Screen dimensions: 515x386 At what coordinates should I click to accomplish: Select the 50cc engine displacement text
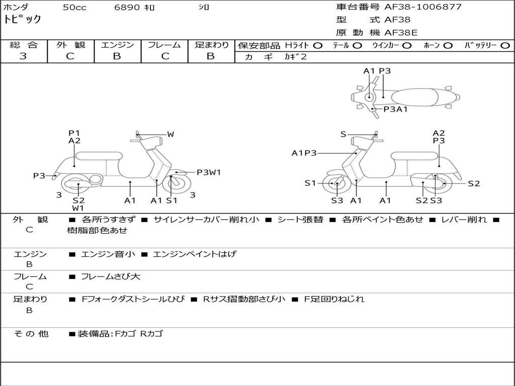[x=74, y=8]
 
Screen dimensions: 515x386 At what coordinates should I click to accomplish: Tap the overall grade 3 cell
[x=23, y=56]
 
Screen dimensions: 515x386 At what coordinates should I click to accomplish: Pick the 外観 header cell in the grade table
[x=70, y=45]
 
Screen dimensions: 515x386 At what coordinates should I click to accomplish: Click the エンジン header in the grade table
[x=117, y=45]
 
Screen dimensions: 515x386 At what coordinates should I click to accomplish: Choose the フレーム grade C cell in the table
[x=164, y=56]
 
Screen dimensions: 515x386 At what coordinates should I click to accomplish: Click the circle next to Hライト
[x=318, y=46]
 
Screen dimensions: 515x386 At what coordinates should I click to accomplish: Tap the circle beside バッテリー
[x=505, y=46]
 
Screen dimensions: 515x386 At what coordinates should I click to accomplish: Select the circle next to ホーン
[x=448, y=46]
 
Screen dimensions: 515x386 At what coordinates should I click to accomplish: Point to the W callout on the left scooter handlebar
[x=170, y=134]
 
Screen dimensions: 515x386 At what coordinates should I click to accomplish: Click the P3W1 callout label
[x=208, y=172]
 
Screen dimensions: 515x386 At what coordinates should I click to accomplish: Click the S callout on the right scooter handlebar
[x=343, y=134]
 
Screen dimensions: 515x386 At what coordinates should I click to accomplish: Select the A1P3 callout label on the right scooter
[x=304, y=153]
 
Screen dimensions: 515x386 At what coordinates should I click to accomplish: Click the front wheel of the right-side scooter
[x=335, y=184]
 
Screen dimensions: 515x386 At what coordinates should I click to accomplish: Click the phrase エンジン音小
[x=108, y=254]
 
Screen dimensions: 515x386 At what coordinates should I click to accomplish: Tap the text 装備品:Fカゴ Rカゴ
[x=120, y=334]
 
